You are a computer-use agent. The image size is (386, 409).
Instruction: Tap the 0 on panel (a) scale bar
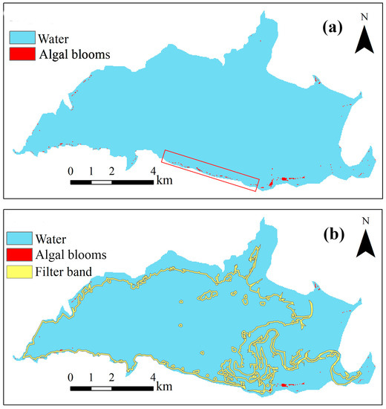71,170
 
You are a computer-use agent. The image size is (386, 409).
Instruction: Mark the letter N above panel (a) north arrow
363,17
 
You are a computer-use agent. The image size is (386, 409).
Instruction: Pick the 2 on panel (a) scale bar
112,170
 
